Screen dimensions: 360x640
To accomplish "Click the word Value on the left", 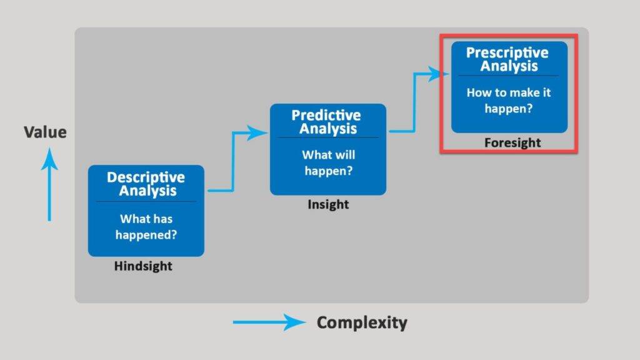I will [45, 132].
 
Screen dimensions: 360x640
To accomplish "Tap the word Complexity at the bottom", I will [362, 322].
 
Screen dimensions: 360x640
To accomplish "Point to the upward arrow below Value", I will [49, 187].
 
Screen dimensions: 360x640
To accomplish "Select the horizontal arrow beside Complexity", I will [269, 322].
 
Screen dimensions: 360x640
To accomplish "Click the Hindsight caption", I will [143, 266].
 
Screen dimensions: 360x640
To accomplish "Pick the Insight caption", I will [328, 205].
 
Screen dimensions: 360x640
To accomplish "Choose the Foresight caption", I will [512, 143].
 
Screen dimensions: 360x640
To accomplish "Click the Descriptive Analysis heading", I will [146, 184].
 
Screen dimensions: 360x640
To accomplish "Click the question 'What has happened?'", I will [146, 227].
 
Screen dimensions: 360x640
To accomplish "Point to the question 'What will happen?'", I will [328, 162].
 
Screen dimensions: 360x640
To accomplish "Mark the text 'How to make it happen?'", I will [509, 100].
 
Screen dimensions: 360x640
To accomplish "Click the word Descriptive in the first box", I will [146, 177].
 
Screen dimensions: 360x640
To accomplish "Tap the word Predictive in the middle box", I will [326, 116].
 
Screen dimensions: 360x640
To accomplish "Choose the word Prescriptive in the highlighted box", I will [507, 52].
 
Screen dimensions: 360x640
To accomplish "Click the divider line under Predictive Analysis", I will [328, 137].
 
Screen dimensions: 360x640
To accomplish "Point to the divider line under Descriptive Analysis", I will [146, 201].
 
